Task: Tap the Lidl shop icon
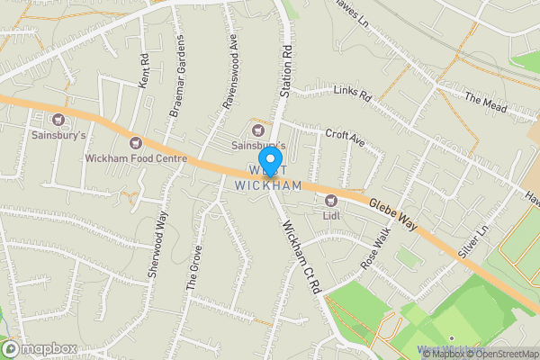tap(330, 200)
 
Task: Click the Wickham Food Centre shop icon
tap(136, 142)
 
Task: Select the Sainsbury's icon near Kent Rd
tap(60, 120)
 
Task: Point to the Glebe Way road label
tap(392, 213)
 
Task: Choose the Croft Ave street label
tap(346, 139)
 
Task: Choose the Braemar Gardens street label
tap(178, 78)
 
